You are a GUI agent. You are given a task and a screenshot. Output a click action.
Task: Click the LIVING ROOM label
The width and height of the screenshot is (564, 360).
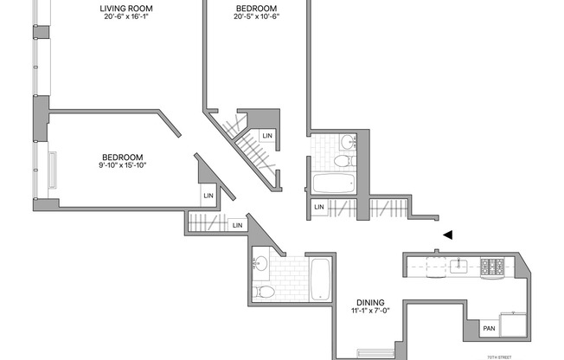[x=126, y=9]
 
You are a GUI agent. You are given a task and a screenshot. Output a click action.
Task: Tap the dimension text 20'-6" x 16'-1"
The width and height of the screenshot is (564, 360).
[x=126, y=16]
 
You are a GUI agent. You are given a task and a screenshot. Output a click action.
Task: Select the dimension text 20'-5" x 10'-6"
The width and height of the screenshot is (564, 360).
[x=256, y=16]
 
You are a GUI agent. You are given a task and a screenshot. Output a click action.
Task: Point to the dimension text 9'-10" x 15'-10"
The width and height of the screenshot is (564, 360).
[x=123, y=165]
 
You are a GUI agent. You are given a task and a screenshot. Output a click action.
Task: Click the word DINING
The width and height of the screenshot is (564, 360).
[x=370, y=302]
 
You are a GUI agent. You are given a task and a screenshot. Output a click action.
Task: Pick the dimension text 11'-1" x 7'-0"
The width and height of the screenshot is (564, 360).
[x=370, y=311]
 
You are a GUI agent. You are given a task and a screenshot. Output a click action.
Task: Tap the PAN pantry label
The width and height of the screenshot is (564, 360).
[x=490, y=328]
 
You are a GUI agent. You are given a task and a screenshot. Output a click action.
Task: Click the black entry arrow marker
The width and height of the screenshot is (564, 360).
[x=447, y=235]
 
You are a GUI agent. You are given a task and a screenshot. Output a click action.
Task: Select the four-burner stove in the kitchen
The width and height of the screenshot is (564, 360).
[x=492, y=268]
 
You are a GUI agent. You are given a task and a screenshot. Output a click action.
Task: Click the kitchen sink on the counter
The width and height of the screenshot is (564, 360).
[x=458, y=267]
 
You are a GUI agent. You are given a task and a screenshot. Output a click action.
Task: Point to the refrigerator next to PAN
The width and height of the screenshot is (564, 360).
[x=513, y=325]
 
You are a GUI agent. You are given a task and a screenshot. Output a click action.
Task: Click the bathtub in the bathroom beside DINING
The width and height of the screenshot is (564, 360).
[x=320, y=280]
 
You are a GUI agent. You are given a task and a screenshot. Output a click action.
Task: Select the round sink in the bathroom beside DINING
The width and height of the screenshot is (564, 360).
[x=260, y=263]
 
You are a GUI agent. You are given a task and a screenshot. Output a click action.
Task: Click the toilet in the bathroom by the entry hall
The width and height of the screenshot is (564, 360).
[x=344, y=161]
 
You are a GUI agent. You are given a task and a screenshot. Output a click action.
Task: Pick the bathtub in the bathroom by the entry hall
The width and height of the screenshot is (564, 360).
[x=334, y=183]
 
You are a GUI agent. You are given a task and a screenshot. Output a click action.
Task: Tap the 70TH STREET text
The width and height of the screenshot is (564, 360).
[x=499, y=357]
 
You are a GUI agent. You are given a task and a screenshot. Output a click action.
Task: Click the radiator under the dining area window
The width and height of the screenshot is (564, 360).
[x=375, y=353]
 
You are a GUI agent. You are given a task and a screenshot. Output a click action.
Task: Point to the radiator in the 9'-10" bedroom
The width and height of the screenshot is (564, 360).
[x=53, y=170]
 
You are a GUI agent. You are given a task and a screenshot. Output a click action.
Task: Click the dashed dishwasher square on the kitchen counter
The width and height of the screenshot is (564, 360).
[x=436, y=267]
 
